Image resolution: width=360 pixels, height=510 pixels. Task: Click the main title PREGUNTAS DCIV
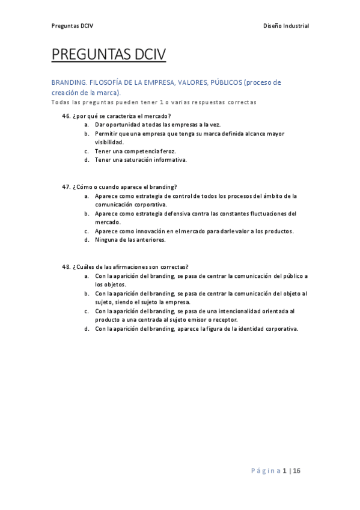pyautogui.click(x=108, y=55)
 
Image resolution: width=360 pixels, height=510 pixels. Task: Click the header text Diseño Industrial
pyautogui.click(x=286, y=26)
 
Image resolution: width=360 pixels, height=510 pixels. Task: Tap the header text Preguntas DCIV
pyautogui.click(x=72, y=26)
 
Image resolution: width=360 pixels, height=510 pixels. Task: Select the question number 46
pyautogui.click(x=66, y=116)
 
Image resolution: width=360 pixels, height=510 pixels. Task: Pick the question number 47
pyautogui.click(x=66, y=187)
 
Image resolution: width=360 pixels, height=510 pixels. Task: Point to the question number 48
pyautogui.click(x=66, y=267)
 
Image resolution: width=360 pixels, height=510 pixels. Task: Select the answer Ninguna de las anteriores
pyautogui.click(x=130, y=240)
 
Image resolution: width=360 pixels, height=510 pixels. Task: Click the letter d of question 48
pyautogui.click(x=87, y=329)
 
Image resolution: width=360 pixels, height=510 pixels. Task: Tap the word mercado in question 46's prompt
pyautogui.click(x=157, y=116)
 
